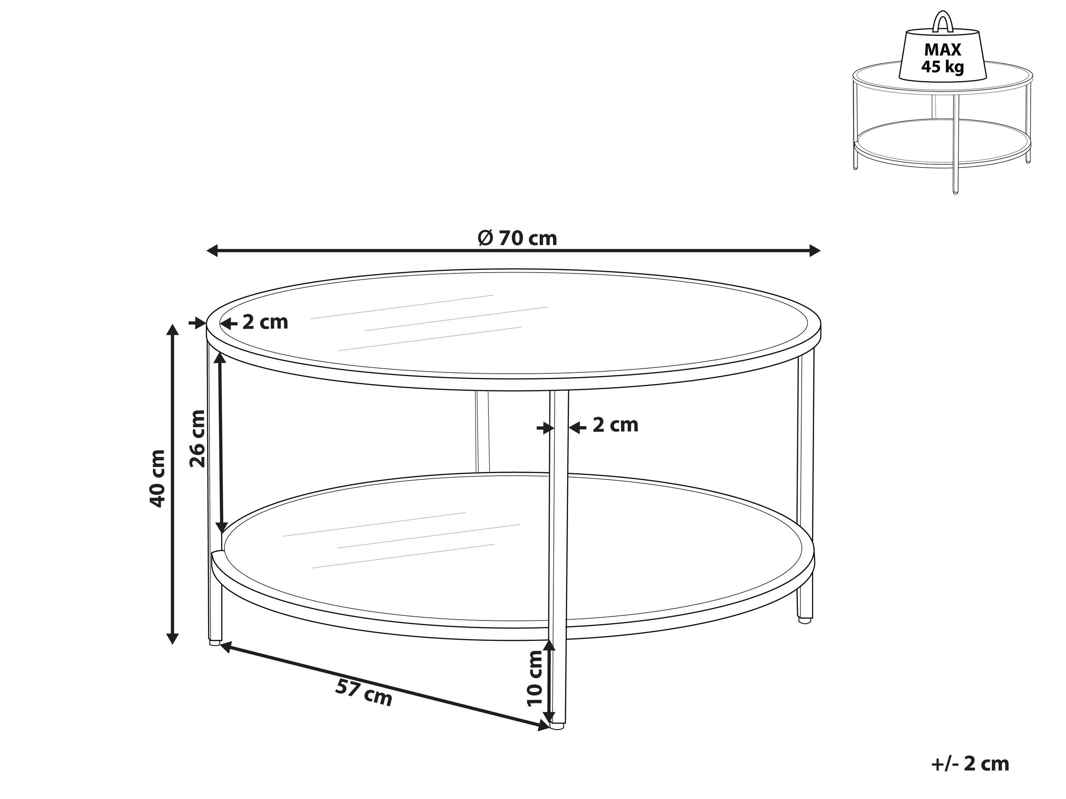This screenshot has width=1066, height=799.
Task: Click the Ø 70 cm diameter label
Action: tap(517, 238)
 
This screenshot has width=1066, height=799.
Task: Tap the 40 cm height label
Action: tap(157, 478)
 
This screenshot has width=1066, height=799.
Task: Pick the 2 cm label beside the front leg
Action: tap(615, 425)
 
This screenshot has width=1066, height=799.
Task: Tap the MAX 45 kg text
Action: tap(943, 58)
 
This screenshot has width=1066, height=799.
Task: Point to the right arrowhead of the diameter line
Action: tap(814, 251)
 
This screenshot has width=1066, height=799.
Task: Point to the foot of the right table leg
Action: tap(803, 621)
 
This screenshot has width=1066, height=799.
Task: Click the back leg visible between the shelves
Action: tap(482, 431)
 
